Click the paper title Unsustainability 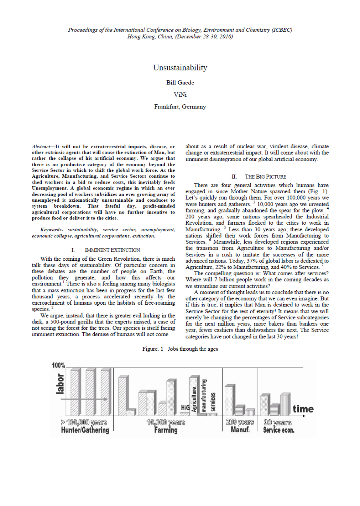(x=180, y=67)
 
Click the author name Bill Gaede (x=180, y=83)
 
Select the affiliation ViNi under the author (x=180, y=95)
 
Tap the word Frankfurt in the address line (x=167, y=107)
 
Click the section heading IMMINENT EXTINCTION (x=112, y=250)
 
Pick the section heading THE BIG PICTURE (x=265, y=177)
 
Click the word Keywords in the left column (x=51, y=230)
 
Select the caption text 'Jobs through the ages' (x=193, y=349)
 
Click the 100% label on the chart (x=59, y=365)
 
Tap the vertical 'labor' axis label (x=60, y=384)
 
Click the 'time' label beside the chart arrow (x=303, y=409)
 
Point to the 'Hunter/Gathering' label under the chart (x=85, y=430)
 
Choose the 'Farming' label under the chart (x=166, y=430)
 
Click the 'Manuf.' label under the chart (x=240, y=430)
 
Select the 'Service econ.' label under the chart (x=279, y=430)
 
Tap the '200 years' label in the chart (x=240, y=422)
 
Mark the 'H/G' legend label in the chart (x=185, y=408)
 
